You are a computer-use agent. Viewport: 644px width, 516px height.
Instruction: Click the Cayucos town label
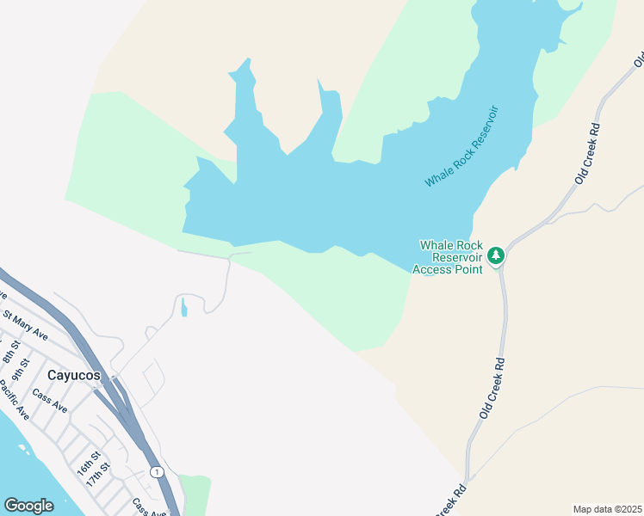point(74,376)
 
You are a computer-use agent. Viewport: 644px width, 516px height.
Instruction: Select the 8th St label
point(9,353)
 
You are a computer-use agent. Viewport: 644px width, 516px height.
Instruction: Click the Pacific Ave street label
point(14,400)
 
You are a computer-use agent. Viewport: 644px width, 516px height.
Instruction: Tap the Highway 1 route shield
point(157,471)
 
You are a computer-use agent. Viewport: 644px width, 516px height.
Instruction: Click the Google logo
point(28,505)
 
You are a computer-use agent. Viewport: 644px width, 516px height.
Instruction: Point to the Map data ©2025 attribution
point(607,509)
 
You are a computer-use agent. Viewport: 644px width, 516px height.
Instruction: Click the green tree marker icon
point(495,255)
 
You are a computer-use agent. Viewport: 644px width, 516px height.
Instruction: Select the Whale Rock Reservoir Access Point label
point(449,257)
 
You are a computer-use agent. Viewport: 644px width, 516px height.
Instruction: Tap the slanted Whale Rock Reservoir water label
point(462,146)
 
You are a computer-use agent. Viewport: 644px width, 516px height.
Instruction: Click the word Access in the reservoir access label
point(433,269)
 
